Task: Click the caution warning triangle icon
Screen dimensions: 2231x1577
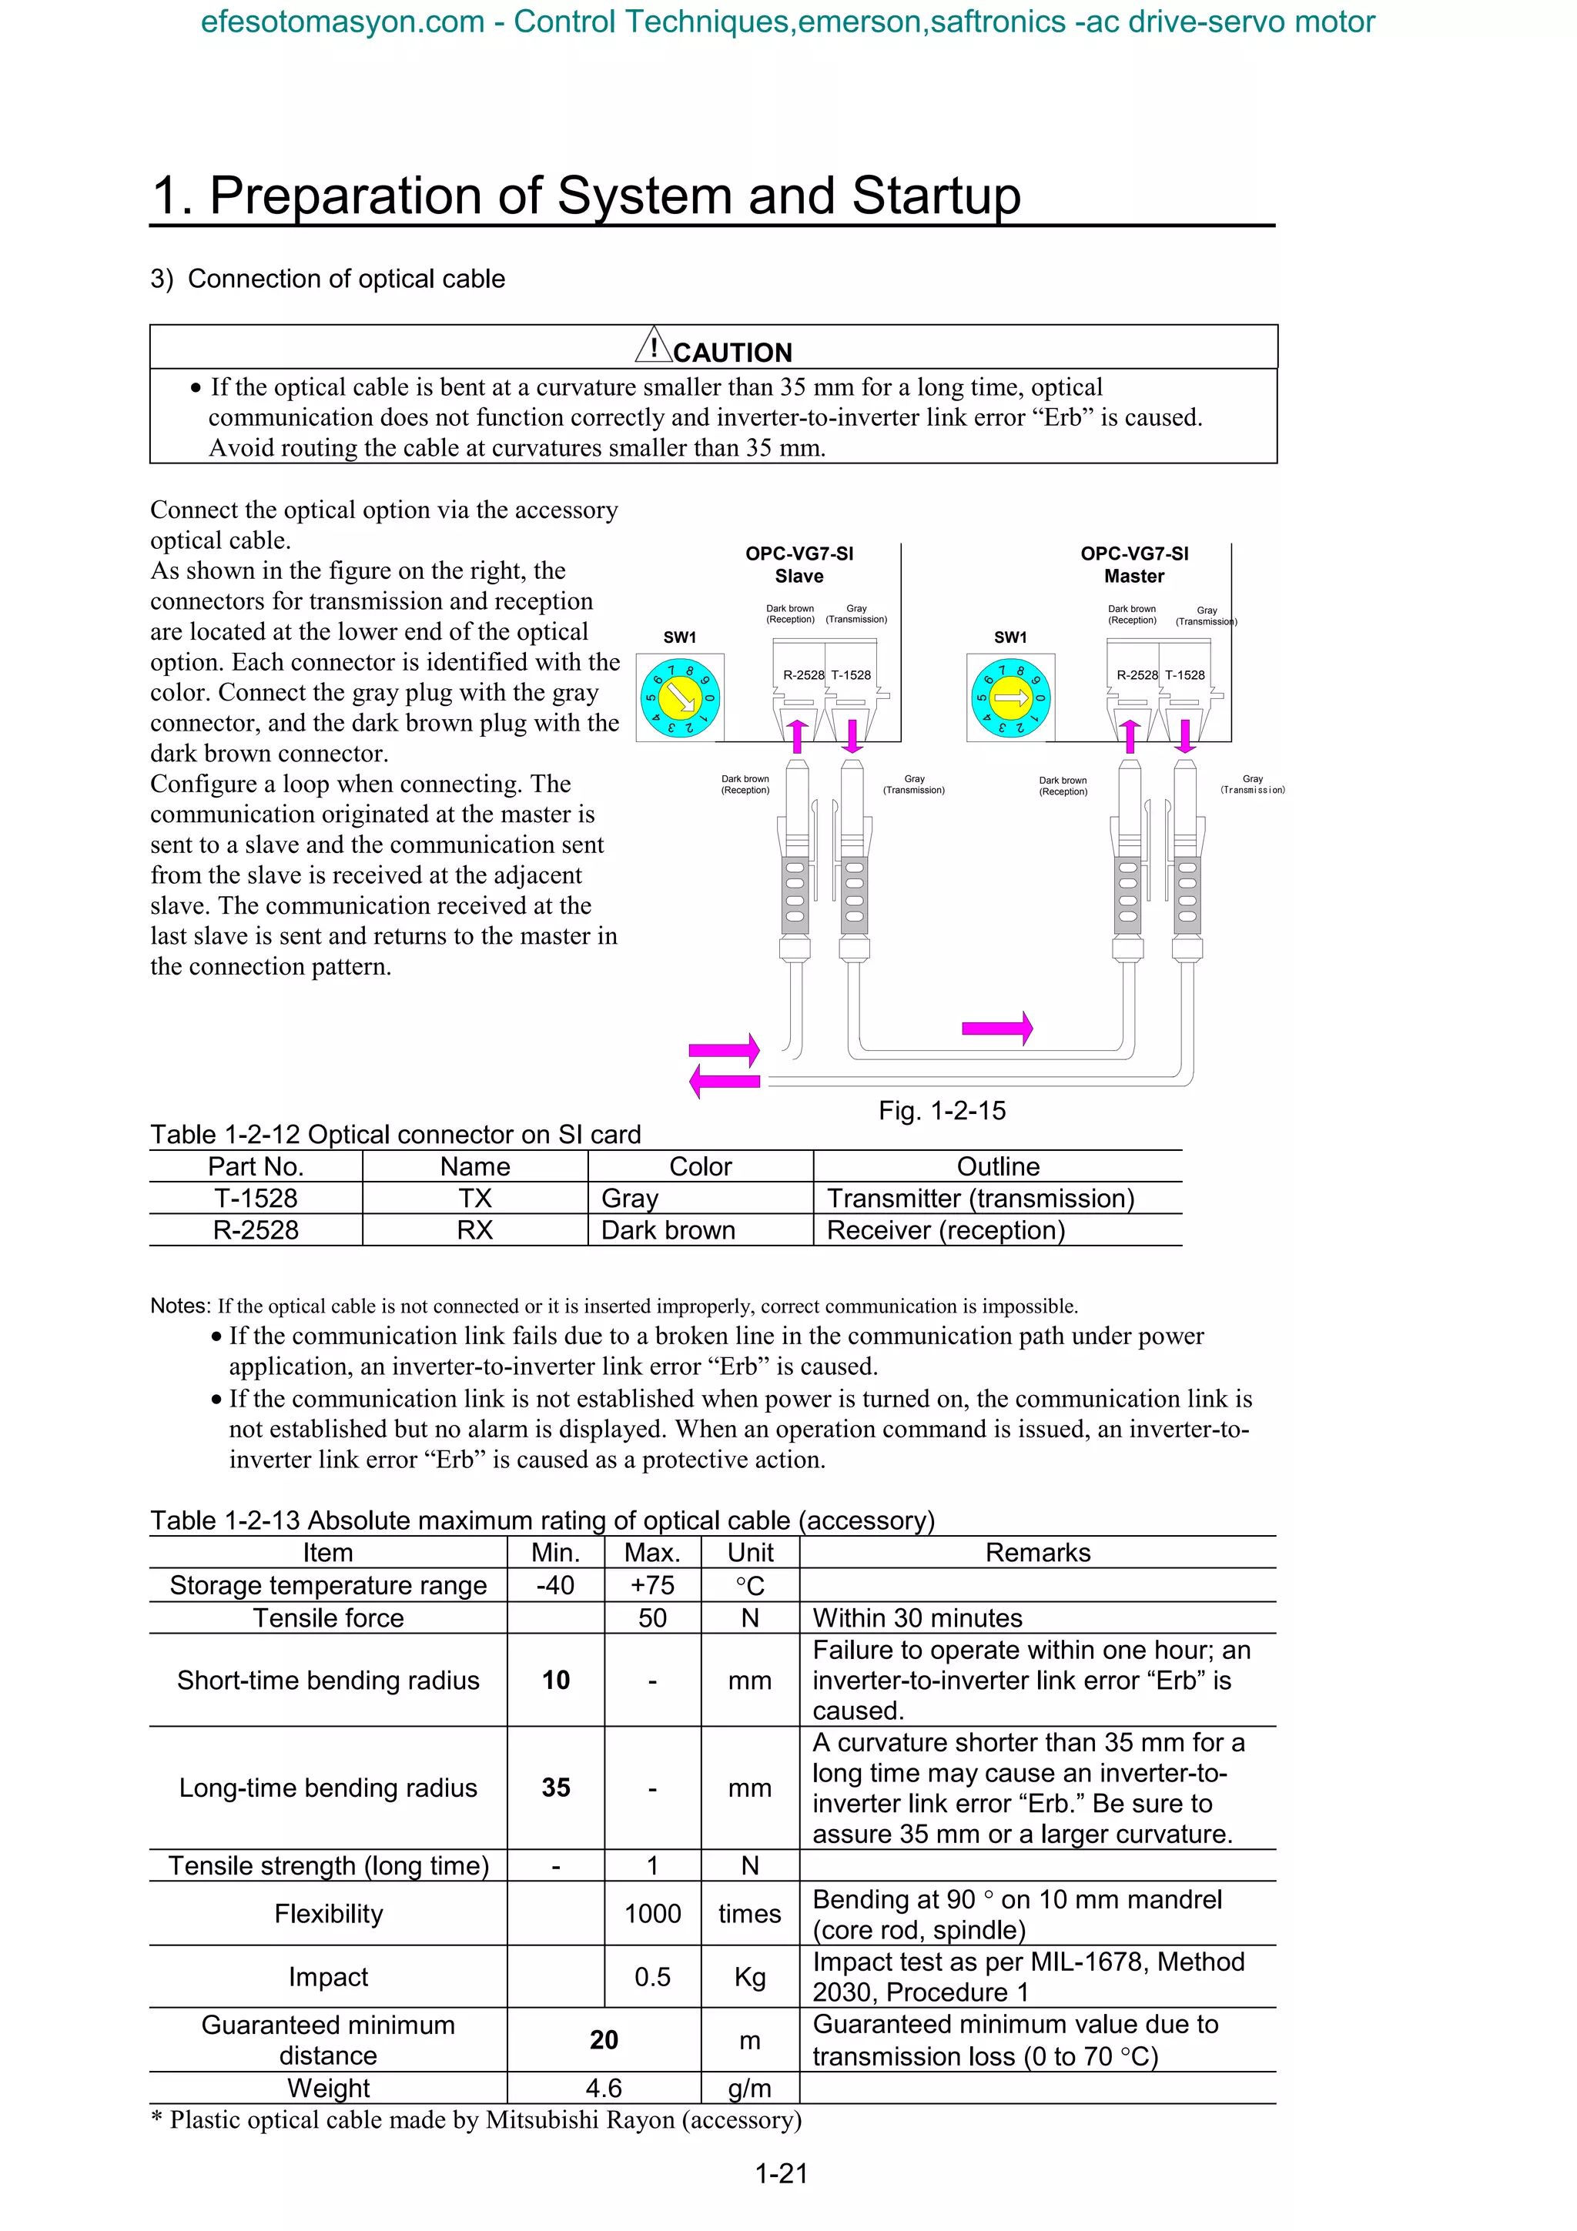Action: (x=654, y=345)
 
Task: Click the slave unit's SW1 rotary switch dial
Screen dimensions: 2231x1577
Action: (x=679, y=696)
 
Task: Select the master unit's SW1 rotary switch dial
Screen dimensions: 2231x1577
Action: (x=1010, y=697)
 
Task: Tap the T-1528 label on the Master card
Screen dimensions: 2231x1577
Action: (x=1184, y=674)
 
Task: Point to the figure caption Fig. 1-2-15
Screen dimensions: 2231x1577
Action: (x=942, y=1111)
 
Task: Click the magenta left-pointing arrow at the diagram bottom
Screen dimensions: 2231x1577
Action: (x=724, y=1082)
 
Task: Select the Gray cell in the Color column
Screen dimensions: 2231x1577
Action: (x=630, y=1198)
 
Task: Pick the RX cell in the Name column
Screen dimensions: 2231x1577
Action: (x=474, y=1230)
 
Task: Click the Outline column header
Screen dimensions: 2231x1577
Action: (x=998, y=1166)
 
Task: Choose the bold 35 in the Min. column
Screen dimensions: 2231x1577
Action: (x=556, y=1788)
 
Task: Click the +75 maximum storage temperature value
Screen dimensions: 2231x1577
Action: (x=652, y=1586)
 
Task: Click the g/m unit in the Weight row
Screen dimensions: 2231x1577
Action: (x=749, y=2088)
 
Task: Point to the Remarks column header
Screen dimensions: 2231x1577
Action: (x=1038, y=1553)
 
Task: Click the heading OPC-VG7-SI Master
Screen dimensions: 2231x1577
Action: (x=1134, y=564)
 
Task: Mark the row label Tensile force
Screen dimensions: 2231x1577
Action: (x=329, y=1618)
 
